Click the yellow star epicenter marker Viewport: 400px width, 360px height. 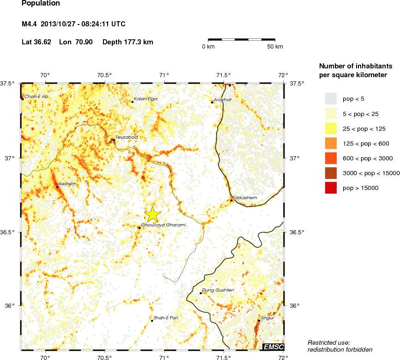pyautogui.click(x=152, y=214)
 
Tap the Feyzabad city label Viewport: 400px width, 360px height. pyautogui.click(x=127, y=137)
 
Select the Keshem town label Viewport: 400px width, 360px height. pyautogui.click(x=67, y=184)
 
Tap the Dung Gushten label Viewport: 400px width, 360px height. pyautogui.click(x=218, y=290)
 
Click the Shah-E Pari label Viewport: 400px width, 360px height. pyautogui.click(x=165, y=318)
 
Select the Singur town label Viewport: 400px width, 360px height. pyautogui.click(x=267, y=318)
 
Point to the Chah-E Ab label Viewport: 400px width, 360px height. pyautogui.click(x=36, y=97)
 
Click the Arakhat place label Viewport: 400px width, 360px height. pyautogui.click(x=223, y=99)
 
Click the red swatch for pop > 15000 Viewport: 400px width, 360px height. pyautogui.click(x=331, y=188)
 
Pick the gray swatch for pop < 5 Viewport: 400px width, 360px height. pyautogui.click(x=331, y=98)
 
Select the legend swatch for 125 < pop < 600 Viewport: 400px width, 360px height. pyautogui.click(x=331, y=143)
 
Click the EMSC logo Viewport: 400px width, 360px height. pyautogui.click(x=273, y=347)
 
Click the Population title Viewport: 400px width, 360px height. pyautogui.click(x=41, y=3)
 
